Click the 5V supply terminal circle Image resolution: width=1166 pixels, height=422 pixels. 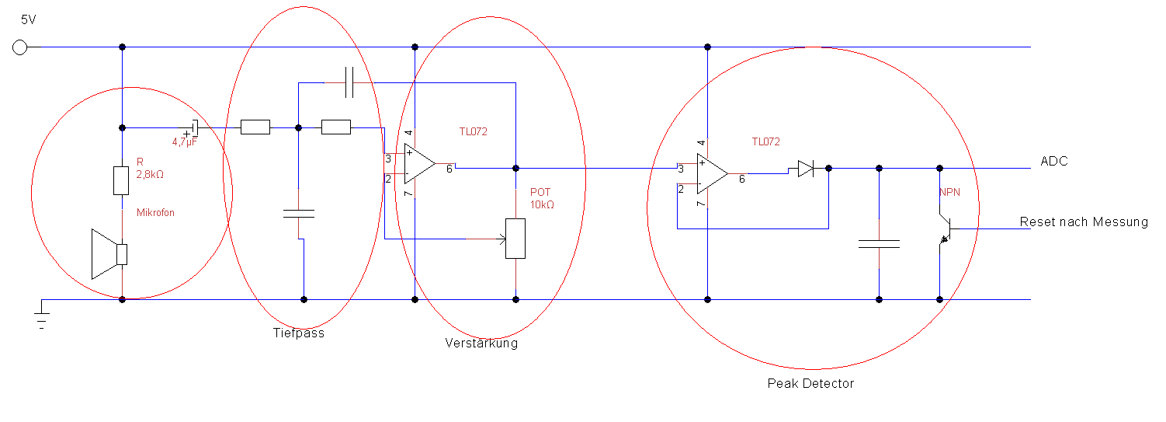20,47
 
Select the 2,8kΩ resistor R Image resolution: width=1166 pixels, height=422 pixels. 121,180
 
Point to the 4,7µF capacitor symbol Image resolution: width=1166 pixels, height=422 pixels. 194,127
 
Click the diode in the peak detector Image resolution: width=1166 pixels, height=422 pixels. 804,168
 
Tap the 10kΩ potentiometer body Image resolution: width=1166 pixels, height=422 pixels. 515,239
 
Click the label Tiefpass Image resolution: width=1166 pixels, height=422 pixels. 298,333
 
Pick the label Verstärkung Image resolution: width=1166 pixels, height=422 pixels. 481,343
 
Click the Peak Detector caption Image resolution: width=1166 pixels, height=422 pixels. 810,383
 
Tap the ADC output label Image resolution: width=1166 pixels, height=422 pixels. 1054,162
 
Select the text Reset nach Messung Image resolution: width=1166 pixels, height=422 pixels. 1084,222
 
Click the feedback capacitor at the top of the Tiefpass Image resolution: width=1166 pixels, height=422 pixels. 349,82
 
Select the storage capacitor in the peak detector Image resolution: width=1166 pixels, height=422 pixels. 879,244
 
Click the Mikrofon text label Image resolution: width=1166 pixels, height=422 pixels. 157,212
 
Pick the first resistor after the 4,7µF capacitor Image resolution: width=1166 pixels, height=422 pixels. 255,127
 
